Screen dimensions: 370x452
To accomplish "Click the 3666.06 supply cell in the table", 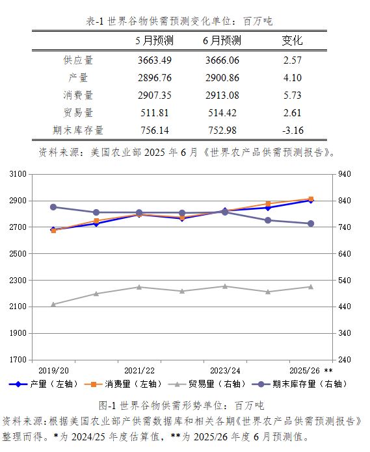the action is point(222,60).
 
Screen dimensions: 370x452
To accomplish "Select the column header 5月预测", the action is point(155,40).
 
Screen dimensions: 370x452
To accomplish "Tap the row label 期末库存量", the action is point(78,131).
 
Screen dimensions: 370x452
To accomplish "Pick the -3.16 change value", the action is point(293,131).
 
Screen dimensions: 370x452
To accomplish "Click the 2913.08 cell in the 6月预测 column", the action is point(222,95).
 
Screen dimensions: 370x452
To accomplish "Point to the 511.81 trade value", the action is point(155,113).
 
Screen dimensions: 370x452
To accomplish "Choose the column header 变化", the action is point(292,40).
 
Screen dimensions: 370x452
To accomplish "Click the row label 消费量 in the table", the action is point(78,95).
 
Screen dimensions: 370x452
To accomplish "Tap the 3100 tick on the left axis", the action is point(18,174).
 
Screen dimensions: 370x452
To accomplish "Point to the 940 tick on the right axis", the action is point(345,174).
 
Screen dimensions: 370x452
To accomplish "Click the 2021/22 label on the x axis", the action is point(139,370).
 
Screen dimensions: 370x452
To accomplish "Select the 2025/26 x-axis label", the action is point(305,370).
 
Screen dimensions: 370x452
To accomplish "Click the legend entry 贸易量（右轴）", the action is point(207,384).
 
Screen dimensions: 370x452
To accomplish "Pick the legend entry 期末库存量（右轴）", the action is point(300,384).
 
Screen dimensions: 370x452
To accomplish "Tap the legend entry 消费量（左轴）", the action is point(124,384).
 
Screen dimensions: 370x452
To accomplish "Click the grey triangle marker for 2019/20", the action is point(53,304).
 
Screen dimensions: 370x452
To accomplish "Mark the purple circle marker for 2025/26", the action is point(311,223).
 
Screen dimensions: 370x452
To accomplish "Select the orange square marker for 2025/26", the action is point(311,199).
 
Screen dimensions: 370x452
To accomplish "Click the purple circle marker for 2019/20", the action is point(53,207).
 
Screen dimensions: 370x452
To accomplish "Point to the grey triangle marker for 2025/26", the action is point(311,287).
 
